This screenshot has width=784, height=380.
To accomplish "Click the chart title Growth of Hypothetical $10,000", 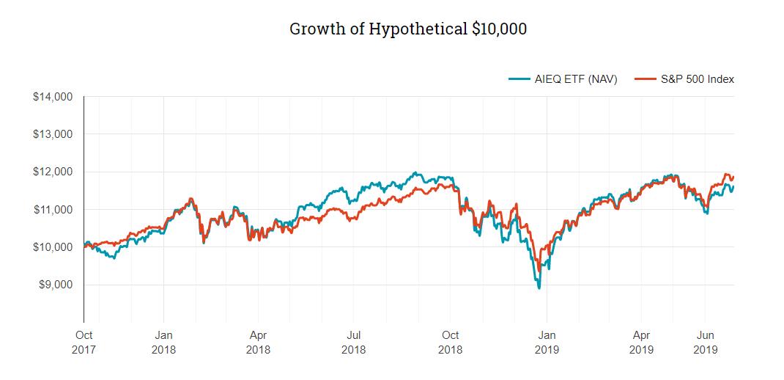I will tap(408, 29).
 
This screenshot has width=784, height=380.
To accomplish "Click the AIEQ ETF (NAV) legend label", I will tap(575, 79).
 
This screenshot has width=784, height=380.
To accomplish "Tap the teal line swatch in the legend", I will tap(519, 79).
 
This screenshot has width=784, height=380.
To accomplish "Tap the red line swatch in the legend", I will tap(643, 79).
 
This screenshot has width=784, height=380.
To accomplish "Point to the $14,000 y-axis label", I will tap(53, 97).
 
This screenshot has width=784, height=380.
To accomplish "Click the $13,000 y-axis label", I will tap(53, 134).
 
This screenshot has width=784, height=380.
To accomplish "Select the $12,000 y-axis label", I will tap(53, 172).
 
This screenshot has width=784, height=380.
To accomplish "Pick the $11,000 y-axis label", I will tap(53, 210).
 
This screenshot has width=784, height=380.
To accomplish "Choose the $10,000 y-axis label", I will tap(53, 247).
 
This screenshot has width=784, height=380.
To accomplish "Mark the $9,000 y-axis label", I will tap(55, 285).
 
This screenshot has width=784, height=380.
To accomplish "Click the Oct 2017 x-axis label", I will tap(83, 343).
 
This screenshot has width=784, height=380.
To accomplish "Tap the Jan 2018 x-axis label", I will tap(163, 343).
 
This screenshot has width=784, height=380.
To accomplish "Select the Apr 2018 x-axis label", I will tap(258, 343).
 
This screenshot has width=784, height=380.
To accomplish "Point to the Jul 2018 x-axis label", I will tap(353, 343).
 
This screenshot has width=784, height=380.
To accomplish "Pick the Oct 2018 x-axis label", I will tap(450, 343).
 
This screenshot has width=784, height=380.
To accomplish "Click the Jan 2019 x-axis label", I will tap(547, 343).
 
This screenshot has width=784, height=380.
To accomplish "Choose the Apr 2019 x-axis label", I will tap(641, 343).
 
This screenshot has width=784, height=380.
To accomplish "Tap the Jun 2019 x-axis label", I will tap(705, 343).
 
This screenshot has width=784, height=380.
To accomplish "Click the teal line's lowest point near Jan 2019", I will tap(540, 288).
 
